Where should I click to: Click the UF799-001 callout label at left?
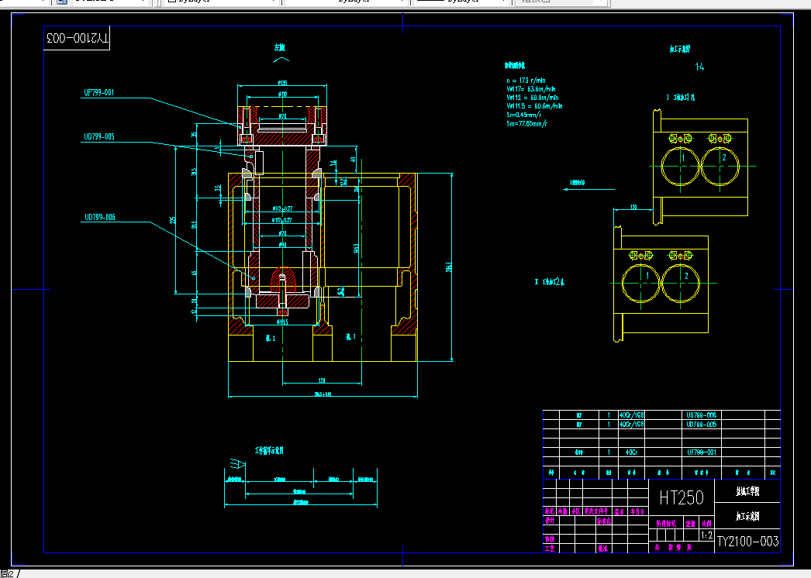pyautogui.click(x=99, y=92)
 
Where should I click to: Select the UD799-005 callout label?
pyautogui.click(x=99, y=136)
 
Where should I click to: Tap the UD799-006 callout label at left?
pyautogui.click(x=99, y=217)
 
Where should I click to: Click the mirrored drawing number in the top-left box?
pyautogui.click(x=78, y=37)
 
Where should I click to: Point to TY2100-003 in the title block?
pyautogui.click(x=747, y=541)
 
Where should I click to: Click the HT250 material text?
pyautogui.click(x=681, y=497)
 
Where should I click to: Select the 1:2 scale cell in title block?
pyautogui.click(x=706, y=535)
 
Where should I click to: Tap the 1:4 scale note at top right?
pyautogui.click(x=700, y=67)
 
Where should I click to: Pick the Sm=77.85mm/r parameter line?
pyautogui.click(x=527, y=123)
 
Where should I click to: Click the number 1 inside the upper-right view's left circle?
pyautogui.click(x=682, y=158)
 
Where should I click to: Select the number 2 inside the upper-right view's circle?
pyautogui.click(x=723, y=158)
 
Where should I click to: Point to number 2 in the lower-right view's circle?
pyautogui.click(x=686, y=276)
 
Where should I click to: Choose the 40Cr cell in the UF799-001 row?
pyautogui.click(x=632, y=451)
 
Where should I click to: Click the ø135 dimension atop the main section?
pyautogui.click(x=282, y=83)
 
